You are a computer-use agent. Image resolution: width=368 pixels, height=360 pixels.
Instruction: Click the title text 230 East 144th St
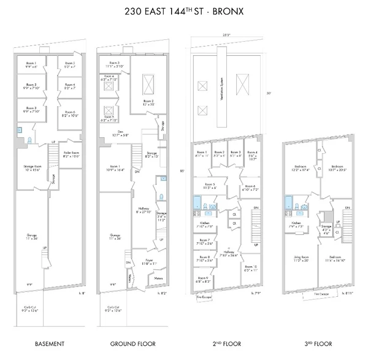pyautogui.click(x=183, y=10)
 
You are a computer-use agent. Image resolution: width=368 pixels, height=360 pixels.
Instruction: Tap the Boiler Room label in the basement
pyautogui.click(x=72, y=154)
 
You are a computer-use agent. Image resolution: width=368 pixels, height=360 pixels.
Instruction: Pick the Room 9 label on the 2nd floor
pyautogui.click(x=203, y=279)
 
